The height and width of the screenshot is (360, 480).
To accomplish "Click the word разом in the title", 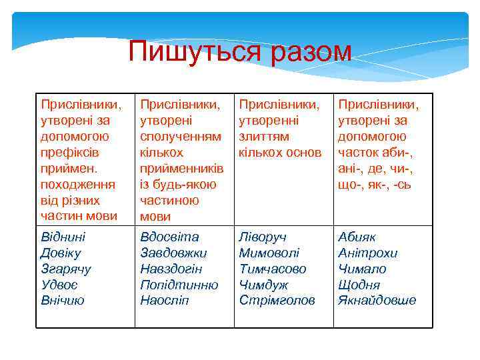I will (x=312, y=52).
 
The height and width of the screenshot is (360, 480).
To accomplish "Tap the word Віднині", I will (x=63, y=237).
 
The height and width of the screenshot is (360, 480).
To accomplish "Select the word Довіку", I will (x=60, y=253).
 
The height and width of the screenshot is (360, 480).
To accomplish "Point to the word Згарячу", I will (x=65, y=269).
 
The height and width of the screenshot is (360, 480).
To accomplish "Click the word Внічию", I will (x=62, y=301).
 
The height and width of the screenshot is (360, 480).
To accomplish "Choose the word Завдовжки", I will (x=173, y=253).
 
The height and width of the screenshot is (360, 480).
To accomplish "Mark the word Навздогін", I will (x=171, y=269).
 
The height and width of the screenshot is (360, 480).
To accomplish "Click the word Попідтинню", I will (x=179, y=285).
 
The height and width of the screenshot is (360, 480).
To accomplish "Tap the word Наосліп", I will (x=164, y=301).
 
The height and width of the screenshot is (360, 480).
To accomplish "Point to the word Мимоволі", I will (x=269, y=253).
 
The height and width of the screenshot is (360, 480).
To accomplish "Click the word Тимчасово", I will (x=273, y=269).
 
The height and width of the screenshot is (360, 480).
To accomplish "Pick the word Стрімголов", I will (x=277, y=301).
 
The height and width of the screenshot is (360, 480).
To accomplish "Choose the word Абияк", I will (x=357, y=237).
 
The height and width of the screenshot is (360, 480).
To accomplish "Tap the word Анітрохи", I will (x=367, y=253).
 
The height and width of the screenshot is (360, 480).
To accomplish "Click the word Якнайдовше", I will (x=377, y=301).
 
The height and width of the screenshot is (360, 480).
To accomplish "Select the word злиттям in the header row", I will (x=264, y=137).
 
